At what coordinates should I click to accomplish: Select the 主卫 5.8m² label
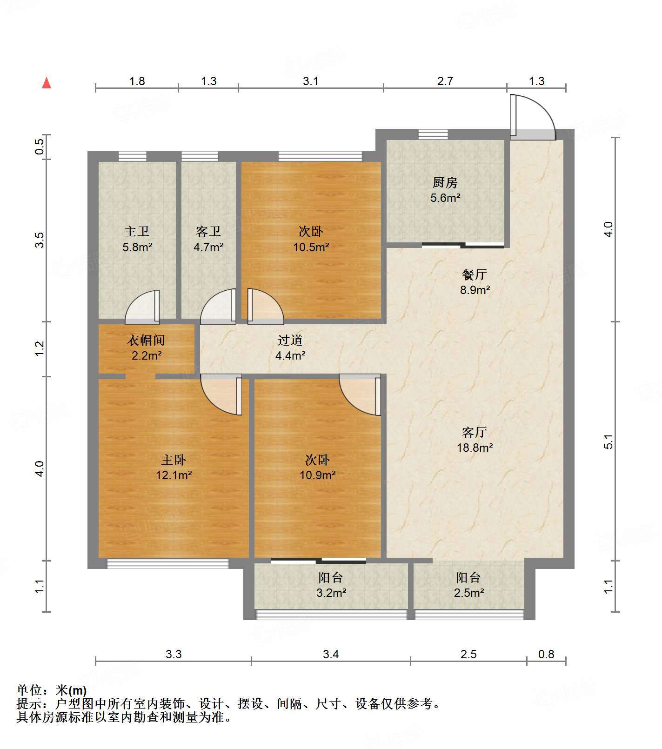(x=137, y=239)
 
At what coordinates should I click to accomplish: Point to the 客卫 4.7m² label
(x=208, y=239)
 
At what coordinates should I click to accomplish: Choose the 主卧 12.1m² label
(x=174, y=468)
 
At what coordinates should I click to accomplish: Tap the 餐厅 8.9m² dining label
(x=475, y=282)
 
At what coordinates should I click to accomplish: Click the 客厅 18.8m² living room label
(x=475, y=440)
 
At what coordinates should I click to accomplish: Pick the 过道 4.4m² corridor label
(x=290, y=348)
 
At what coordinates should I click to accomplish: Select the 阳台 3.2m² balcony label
(x=331, y=585)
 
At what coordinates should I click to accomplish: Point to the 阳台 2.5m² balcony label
(x=468, y=585)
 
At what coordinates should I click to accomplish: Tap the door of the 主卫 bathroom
(x=142, y=307)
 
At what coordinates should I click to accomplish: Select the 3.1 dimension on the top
(x=311, y=81)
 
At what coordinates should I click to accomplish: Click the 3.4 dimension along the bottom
(x=331, y=654)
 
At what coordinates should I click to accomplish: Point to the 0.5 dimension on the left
(x=40, y=147)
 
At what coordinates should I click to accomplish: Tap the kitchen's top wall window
(x=433, y=134)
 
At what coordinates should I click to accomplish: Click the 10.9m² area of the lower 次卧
(x=318, y=475)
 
